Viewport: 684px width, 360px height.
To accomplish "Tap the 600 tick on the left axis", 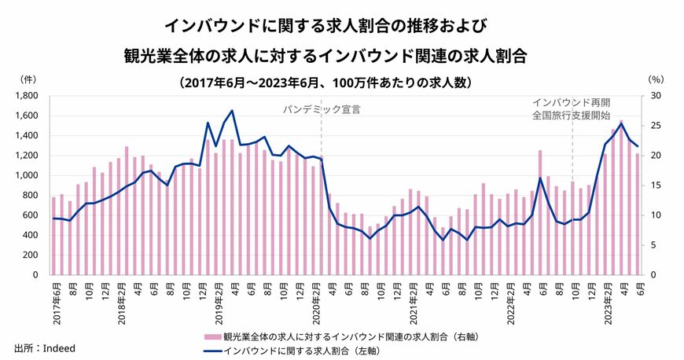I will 33,215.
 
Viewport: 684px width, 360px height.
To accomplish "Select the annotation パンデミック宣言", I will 322,109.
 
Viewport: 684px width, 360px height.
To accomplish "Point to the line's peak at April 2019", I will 231,111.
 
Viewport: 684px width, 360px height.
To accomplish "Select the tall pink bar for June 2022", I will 539,212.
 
